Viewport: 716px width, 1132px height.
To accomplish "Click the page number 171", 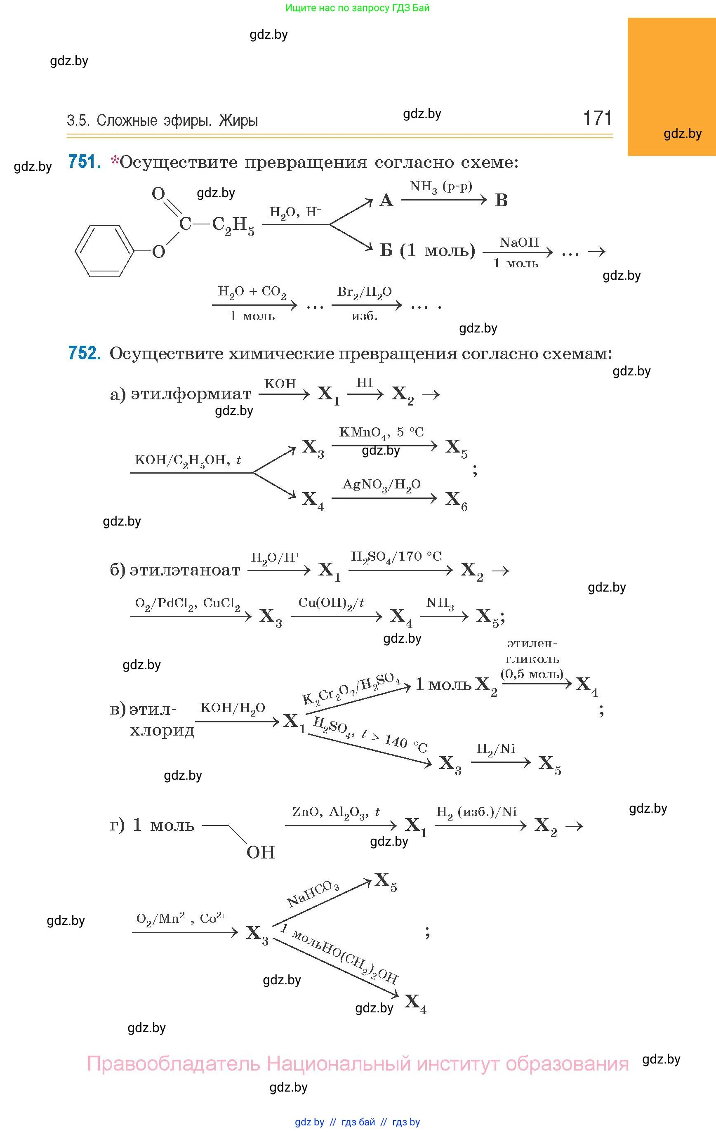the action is [x=598, y=118].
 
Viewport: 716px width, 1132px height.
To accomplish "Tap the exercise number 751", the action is [x=85, y=162].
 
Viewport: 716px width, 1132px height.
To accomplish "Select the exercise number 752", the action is [x=85, y=353].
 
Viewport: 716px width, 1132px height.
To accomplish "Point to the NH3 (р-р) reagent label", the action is [x=441, y=187].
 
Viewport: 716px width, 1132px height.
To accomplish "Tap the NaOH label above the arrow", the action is [x=519, y=243].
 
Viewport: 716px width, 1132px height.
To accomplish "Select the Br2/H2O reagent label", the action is [x=364, y=292].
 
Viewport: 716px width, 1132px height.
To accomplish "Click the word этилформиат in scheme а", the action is [x=191, y=394].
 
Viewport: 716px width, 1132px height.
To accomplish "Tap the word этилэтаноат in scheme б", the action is [x=185, y=570].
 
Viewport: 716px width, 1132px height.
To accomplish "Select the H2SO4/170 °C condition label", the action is [x=396, y=557].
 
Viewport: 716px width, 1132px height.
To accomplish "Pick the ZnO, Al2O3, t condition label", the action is [x=336, y=812].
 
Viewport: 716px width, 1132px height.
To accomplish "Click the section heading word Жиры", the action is [x=238, y=120].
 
